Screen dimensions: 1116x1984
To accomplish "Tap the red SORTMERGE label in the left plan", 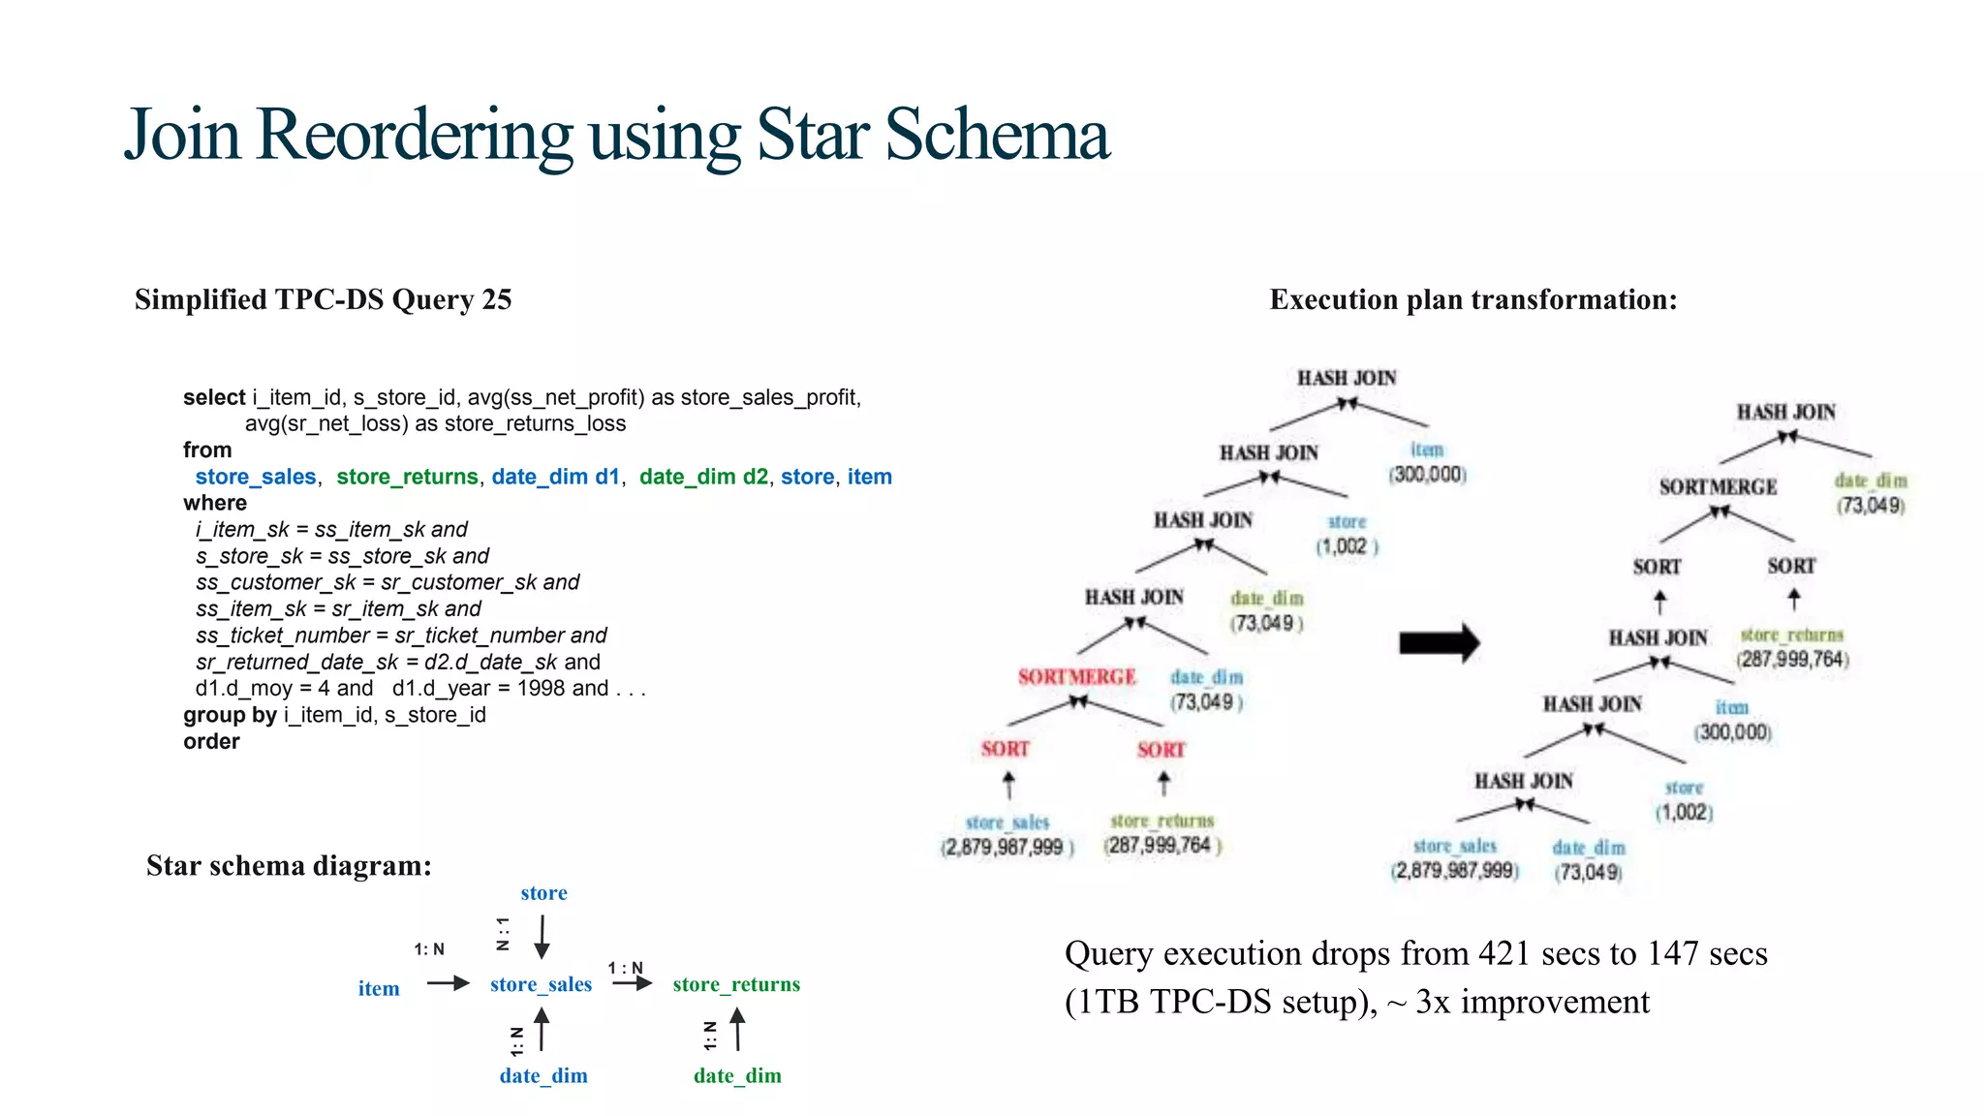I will tap(1076, 676).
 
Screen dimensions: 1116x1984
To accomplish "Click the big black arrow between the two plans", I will tap(1440, 642).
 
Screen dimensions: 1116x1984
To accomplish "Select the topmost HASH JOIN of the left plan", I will tap(1347, 378).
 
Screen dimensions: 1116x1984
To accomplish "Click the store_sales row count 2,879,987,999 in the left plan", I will tap(1006, 847).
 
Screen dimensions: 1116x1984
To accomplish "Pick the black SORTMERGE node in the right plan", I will tap(1718, 486).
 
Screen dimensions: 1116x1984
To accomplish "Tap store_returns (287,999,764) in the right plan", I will tap(1792, 647).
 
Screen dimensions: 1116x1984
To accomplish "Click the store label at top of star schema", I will tap(543, 893).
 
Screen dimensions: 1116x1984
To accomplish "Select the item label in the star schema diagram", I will tap(379, 988).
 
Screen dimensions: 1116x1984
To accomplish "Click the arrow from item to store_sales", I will tap(448, 983).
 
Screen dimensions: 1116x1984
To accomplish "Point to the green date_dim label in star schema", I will tap(737, 1075).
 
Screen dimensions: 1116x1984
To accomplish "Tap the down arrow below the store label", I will tap(542, 937).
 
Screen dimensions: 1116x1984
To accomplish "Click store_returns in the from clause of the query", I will tap(407, 477).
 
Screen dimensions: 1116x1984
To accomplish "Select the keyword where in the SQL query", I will tap(215, 503).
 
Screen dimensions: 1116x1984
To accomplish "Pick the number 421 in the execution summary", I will tap(1503, 953).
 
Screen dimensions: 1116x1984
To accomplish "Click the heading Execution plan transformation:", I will tap(1472, 299).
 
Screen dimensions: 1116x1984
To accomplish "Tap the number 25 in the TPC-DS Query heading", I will tap(496, 299).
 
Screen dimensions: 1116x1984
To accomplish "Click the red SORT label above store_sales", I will tap(1005, 749).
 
